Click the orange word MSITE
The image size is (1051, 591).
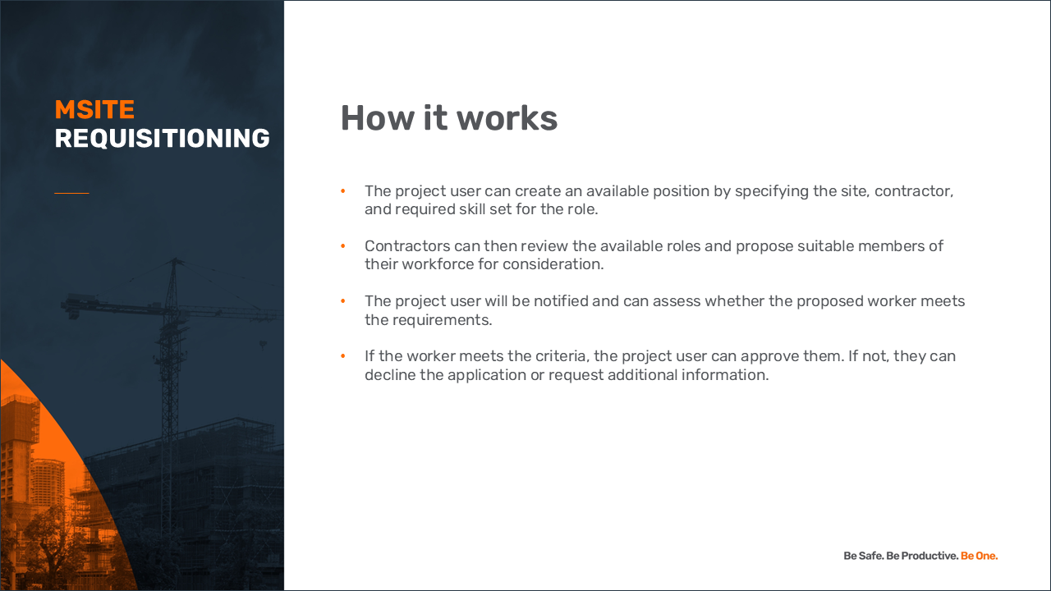point(94,110)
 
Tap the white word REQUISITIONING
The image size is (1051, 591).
point(163,139)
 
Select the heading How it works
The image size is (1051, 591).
point(449,117)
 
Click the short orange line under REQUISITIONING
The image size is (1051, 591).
point(71,193)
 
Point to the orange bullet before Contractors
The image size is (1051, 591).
point(343,245)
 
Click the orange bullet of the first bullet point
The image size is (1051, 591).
point(343,191)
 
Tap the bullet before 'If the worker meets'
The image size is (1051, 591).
point(343,356)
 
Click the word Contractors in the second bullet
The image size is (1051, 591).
point(407,245)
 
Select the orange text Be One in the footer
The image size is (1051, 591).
point(980,556)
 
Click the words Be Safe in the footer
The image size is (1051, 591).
point(864,556)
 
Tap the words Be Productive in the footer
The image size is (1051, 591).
point(922,556)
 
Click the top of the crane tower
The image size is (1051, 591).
point(175,259)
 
